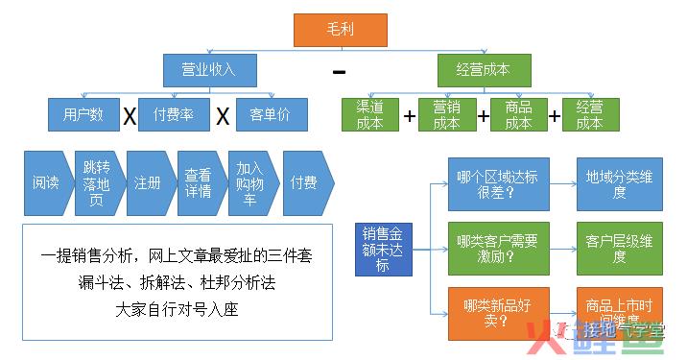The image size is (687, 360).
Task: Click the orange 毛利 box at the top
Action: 340,30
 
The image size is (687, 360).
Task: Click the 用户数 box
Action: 83,115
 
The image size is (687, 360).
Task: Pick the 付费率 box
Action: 174,115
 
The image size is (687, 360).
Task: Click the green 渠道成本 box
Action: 369,115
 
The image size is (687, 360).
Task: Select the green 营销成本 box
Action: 446,115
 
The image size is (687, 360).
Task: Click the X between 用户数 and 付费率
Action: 129,117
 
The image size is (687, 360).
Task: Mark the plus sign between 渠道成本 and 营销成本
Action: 409,117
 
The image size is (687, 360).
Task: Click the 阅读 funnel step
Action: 45,182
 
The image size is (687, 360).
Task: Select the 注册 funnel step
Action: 148,182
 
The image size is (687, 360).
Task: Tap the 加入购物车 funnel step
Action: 249,182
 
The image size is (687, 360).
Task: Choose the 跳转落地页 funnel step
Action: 96,182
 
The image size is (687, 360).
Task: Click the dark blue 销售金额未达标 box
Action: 382,249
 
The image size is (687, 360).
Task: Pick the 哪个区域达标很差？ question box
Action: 498,183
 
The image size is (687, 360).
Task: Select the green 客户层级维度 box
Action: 619,249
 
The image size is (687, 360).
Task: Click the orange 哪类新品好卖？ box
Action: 498,313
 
